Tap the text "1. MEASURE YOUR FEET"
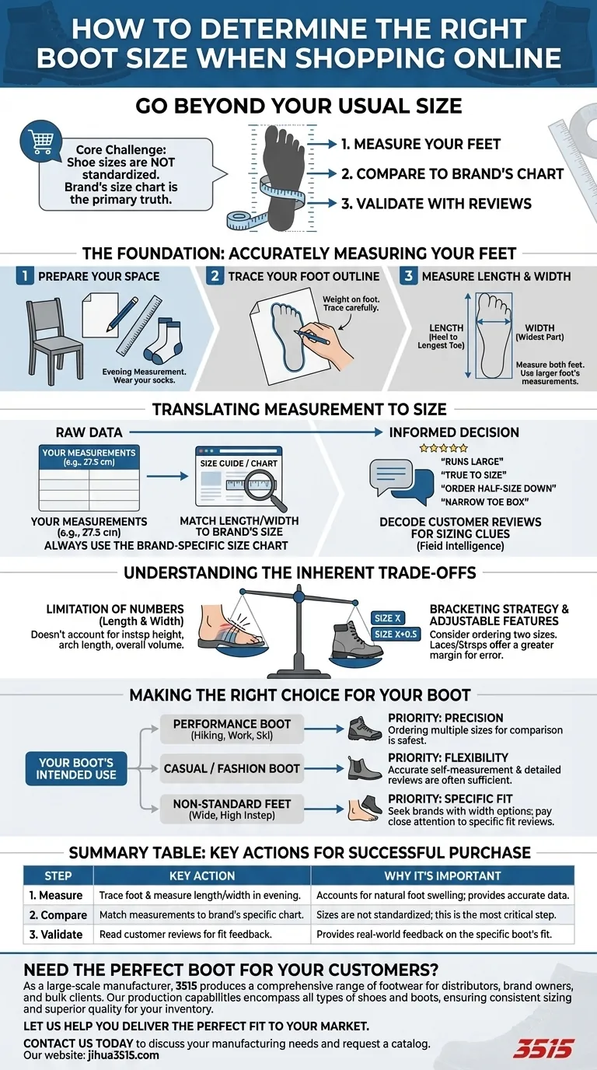tap(421, 144)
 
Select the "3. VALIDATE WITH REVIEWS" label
tap(436, 204)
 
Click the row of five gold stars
tap(443, 449)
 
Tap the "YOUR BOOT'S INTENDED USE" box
tap(75, 768)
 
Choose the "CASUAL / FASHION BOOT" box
tap(231, 768)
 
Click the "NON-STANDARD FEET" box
tap(231, 809)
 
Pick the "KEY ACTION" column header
tap(202, 875)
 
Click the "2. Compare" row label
tap(58, 914)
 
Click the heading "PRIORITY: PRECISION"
tap(445, 718)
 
